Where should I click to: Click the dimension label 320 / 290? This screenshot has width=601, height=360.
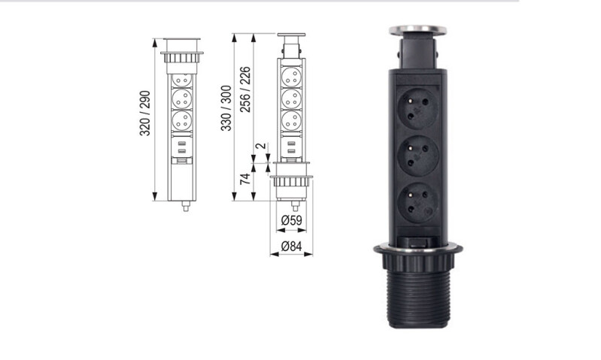pyautogui.click(x=146, y=113)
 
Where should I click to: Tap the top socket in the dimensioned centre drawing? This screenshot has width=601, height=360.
pyautogui.click(x=291, y=76)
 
